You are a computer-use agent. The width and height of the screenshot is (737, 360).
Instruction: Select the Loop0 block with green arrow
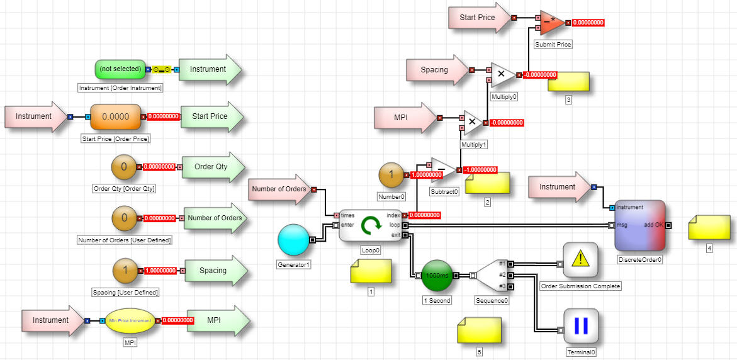pos(370,225)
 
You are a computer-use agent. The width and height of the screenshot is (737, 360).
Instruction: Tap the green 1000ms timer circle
pos(437,275)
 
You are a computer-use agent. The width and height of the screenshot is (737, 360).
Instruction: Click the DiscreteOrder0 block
pos(640,225)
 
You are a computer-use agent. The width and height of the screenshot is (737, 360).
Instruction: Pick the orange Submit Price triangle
pos(552,23)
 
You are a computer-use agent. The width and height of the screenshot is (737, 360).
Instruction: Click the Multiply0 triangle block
pos(502,74)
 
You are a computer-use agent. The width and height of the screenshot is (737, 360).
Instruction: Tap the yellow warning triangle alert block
pos(580,260)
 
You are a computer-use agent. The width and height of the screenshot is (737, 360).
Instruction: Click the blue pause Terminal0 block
pos(580,325)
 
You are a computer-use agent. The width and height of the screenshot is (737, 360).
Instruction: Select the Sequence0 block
pos(491,275)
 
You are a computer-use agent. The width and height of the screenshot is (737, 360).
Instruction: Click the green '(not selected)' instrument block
pos(120,69)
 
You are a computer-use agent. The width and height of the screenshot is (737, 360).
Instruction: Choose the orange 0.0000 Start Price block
pos(115,116)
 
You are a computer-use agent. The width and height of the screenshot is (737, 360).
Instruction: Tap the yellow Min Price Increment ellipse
pos(130,320)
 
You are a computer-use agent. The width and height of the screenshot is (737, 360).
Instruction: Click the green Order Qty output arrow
pos(212,167)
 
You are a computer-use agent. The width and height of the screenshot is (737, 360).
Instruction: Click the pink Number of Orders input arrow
pos(281,189)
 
